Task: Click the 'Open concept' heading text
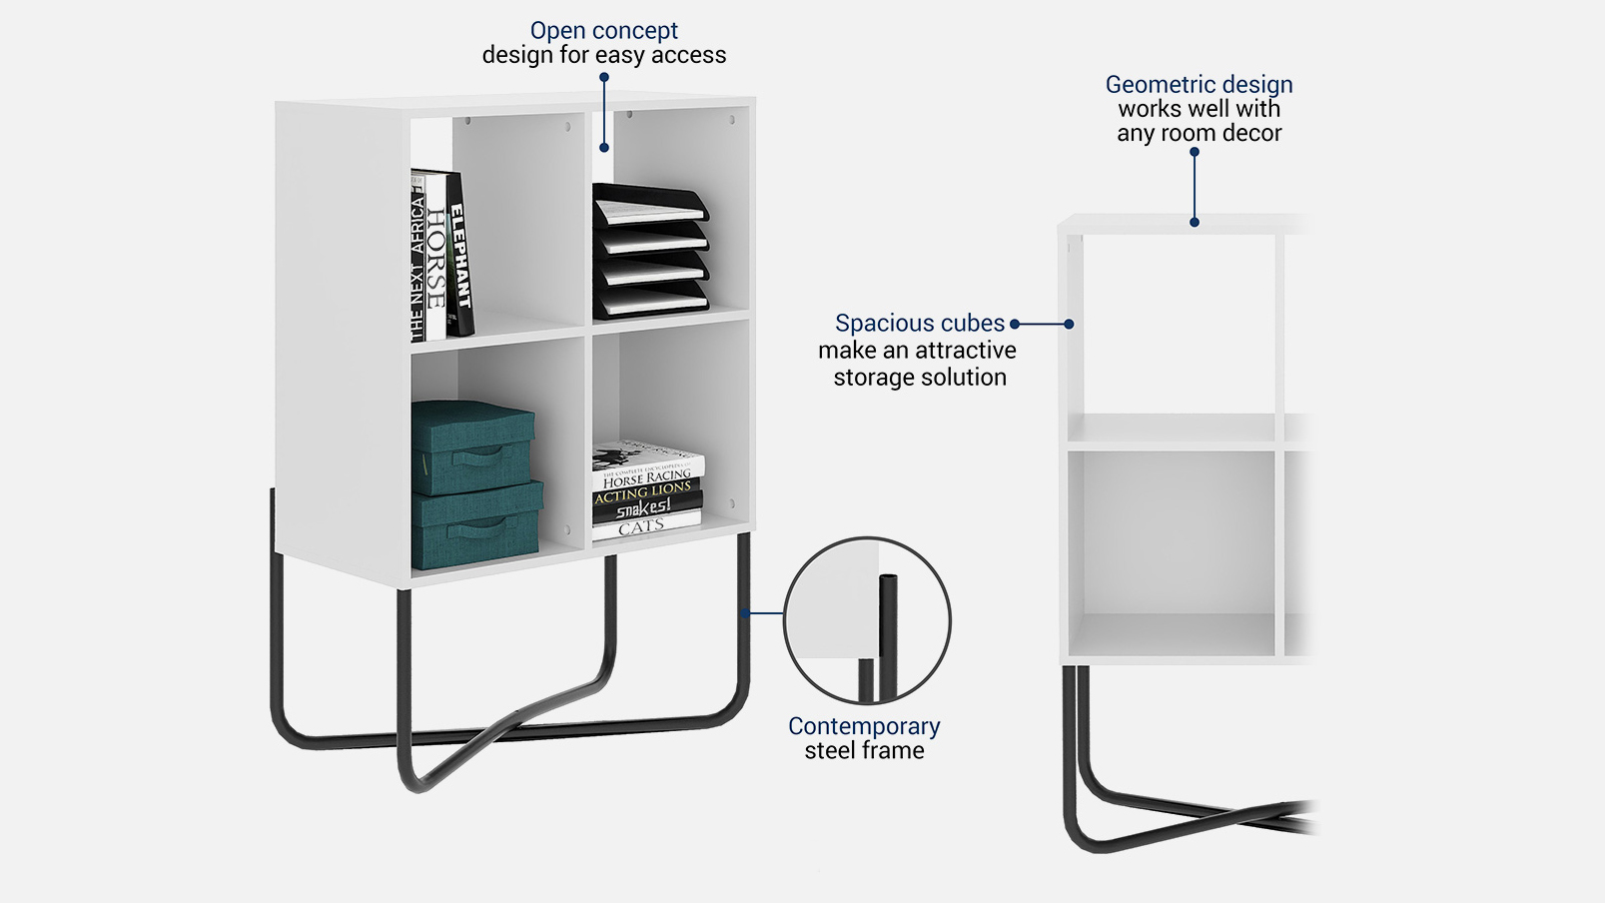[x=603, y=31]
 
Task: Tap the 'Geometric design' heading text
[x=1199, y=85]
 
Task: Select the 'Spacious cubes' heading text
[x=919, y=324]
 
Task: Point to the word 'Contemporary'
[x=864, y=726]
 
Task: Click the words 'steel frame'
[x=864, y=751]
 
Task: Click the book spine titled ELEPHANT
[x=459, y=255]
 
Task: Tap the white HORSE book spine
[x=436, y=258]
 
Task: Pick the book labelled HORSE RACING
[x=647, y=476]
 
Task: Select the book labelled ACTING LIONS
[x=644, y=492]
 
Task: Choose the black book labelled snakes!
[x=644, y=509]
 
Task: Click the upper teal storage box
[x=471, y=445]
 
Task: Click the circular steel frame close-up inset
[x=867, y=620]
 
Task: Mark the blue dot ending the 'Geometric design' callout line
[x=1195, y=222]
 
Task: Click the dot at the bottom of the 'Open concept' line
[x=604, y=148]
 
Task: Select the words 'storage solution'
[x=920, y=378]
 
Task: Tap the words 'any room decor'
[x=1199, y=134]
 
